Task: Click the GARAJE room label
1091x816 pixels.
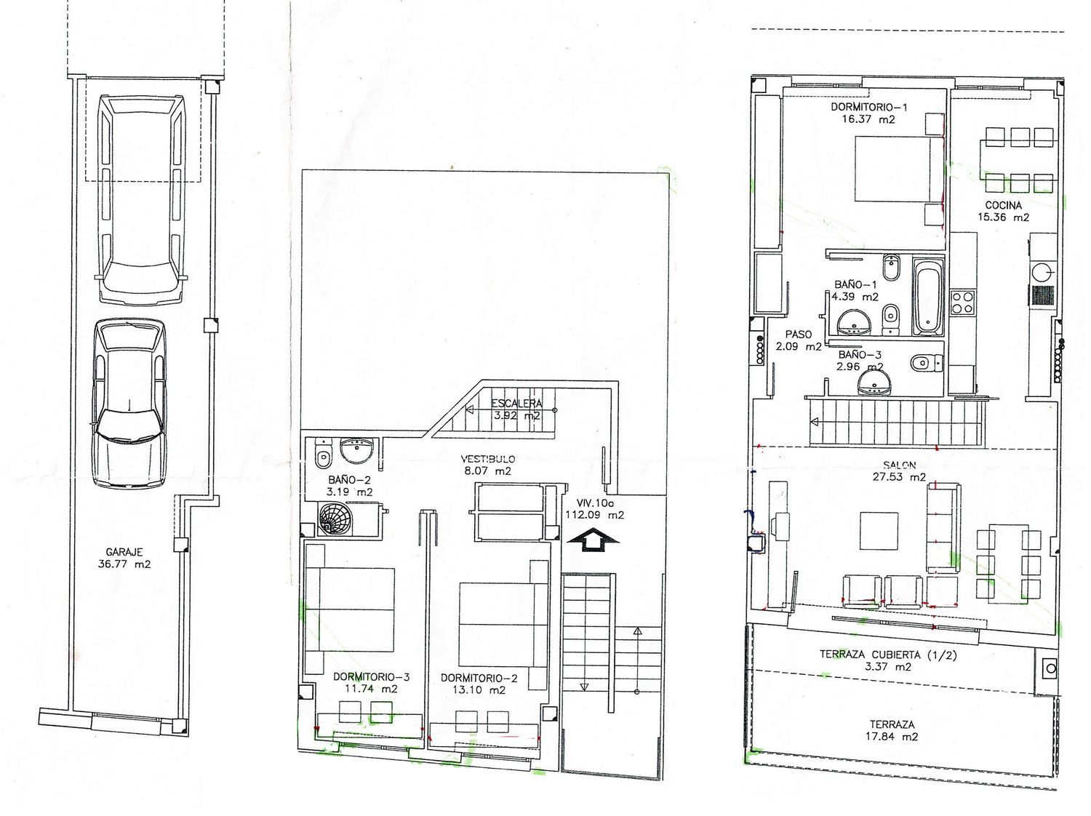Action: click(124, 551)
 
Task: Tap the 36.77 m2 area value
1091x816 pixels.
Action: click(124, 564)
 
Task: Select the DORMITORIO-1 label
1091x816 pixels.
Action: click(869, 107)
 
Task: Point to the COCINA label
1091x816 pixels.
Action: click(1004, 205)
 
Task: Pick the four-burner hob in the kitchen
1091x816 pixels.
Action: click(962, 302)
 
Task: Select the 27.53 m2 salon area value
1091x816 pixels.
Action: click(899, 477)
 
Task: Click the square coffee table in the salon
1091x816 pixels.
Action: click(879, 531)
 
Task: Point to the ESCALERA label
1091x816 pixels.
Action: click(516, 404)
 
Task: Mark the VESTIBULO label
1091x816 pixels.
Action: click(487, 459)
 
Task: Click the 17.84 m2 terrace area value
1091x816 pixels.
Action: click(892, 737)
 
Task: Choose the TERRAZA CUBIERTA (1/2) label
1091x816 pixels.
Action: click(888, 655)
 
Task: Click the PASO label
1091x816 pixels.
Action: click(798, 335)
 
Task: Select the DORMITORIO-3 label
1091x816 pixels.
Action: click(371, 677)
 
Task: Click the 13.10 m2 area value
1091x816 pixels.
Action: click(479, 689)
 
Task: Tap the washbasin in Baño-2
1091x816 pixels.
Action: click(356, 451)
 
